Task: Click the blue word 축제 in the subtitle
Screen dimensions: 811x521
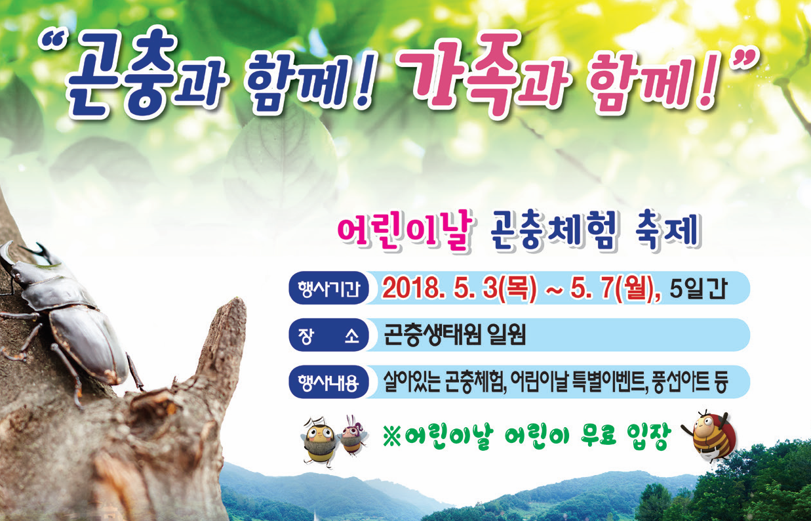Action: pyautogui.click(x=667, y=231)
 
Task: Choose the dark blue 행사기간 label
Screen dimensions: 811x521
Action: pyautogui.click(x=328, y=288)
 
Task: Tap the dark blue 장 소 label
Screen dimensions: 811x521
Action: pyautogui.click(x=328, y=335)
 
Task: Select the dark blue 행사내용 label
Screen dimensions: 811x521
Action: pyautogui.click(x=328, y=382)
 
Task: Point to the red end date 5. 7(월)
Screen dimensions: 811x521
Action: pyautogui.click(x=614, y=289)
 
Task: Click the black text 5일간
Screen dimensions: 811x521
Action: pyautogui.click(x=698, y=289)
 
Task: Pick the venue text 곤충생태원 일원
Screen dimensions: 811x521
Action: pyautogui.click(x=454, y=335)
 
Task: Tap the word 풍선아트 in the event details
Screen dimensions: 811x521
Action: pyautogui.click(x=680, y=382)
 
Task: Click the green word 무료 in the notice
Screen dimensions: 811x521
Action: pyautogui.click(x=598, y=435)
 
